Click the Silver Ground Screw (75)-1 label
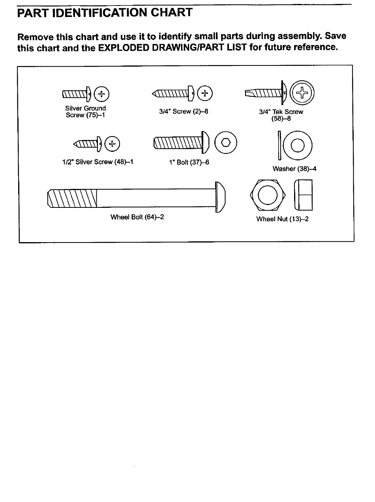tap(85, 112)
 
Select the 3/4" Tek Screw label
tap(281, 112)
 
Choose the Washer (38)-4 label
tap(294, 169)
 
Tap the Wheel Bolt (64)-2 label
tap(137, 217)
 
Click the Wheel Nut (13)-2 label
tap(282, 219)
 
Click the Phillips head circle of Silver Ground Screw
tap(102, 94)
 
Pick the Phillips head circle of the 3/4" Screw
tap(204, 93)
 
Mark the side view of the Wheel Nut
tap(303, 195)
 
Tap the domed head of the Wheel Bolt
tap(221, 197)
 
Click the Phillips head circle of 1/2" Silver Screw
tap(113, 144)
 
